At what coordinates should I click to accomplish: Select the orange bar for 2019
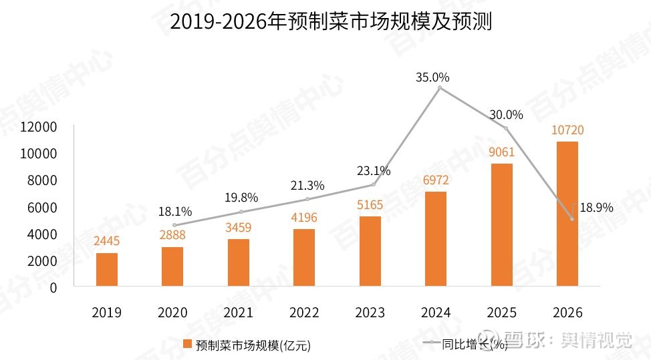(107, 269)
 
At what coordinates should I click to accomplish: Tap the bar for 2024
(436, 239)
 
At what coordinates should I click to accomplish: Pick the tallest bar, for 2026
(567, 214)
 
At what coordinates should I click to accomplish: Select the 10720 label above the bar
(567, 130)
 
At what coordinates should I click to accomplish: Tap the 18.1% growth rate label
(175, 212)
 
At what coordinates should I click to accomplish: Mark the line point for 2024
(439, 88)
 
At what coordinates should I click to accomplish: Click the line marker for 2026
(571, 218)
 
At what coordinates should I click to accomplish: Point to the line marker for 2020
(175, 225)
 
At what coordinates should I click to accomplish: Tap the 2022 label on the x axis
(305, 313)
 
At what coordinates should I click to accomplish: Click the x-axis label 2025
(502, 313)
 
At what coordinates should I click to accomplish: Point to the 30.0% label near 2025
(505, 115)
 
